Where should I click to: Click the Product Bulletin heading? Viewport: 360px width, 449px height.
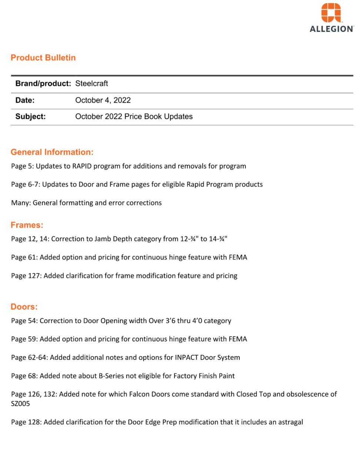[43, 58]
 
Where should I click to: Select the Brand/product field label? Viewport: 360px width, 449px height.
[43, 84]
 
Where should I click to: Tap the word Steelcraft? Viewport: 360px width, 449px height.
[91, 84]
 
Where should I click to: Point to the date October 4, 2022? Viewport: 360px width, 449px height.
[103, 100]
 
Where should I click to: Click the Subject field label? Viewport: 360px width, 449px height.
[30, 116]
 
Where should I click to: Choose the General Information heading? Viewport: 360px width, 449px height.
[52, 152]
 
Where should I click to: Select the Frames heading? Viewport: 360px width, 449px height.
[27, 225]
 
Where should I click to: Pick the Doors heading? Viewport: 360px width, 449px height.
[24, 307]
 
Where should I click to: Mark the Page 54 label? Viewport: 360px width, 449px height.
[24, 321]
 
